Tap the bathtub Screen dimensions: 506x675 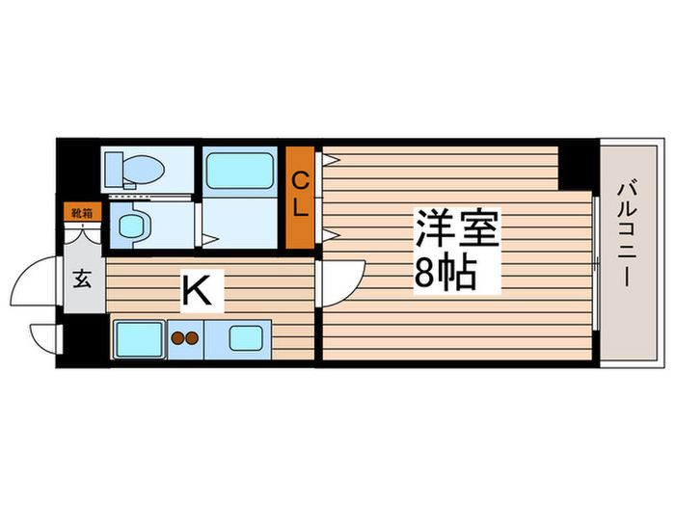pyautogui.click(x=241, y=170)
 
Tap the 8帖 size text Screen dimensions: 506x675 pyautogui.click(x=445, y=275)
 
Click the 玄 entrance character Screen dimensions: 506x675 pyautogui.click(x=83, y=280)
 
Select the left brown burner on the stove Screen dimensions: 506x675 pyautogui.click(x=176, y=338)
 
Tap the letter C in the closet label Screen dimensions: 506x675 pyautogui.click(x=300, y=180)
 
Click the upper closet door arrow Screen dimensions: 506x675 pyautogui.click(x=328, y=161)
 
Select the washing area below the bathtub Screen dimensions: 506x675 pyautogui.click(x=241, y=224)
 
